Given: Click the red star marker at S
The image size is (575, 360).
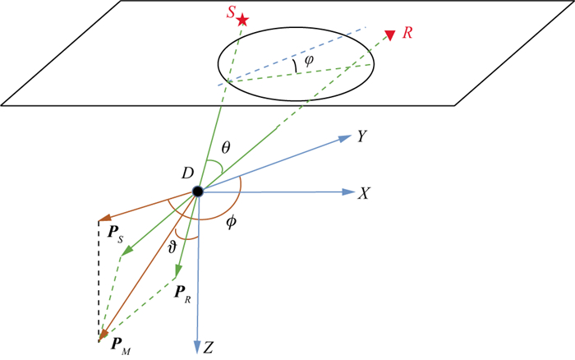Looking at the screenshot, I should (242, 19).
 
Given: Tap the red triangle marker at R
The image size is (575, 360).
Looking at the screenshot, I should (389, 34).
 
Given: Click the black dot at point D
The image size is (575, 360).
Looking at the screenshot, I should (197, 192).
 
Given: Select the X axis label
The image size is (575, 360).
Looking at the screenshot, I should (365, 192).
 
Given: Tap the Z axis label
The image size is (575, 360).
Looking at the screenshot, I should (209, 347).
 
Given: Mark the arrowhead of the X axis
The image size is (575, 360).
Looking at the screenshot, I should (347, 192).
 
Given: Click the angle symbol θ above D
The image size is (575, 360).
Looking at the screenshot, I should (226, 149).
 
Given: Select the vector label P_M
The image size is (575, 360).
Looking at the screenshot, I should (119, 344).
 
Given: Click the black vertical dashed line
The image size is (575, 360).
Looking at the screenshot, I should (99, 279).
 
